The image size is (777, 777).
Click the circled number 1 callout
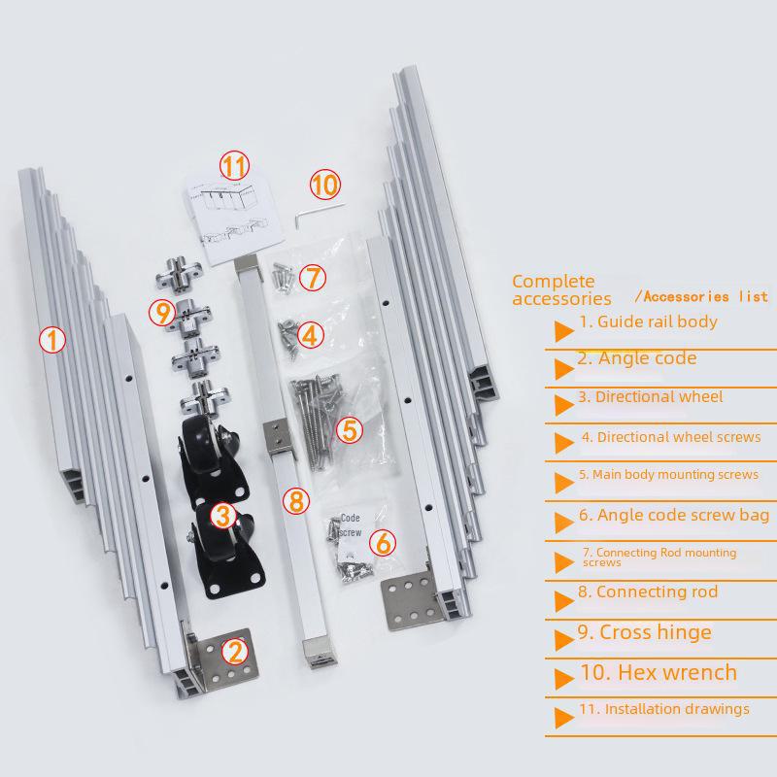(x=52, y=340)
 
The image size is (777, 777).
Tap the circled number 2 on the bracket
(x=234, y=651)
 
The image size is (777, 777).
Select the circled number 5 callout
(x=350, y=429)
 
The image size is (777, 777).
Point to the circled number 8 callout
(x=296, y=500)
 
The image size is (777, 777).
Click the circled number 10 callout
(x=325, y=185)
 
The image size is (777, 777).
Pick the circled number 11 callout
(x=234, y=165)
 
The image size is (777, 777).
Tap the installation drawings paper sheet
(x=234, y=218)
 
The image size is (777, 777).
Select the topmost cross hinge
(x=179, y=275)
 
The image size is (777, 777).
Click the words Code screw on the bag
(x=351, y=524)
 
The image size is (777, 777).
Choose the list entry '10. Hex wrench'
(x=659, y=672)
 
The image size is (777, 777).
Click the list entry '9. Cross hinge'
(x=644, y=632)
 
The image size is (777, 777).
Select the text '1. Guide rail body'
(x=648, y=321)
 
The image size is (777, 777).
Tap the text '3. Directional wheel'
(x=650, y=397)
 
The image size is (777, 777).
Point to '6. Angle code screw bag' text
(x=674, y=516)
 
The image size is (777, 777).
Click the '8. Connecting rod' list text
(x=648, y=591)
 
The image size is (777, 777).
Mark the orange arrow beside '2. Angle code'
(x=564, y=369)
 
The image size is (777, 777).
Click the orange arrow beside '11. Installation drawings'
(x=564, y=718)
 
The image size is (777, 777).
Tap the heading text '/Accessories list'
(x=701, y=297)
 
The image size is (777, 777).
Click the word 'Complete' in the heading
(x=553, y=282)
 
